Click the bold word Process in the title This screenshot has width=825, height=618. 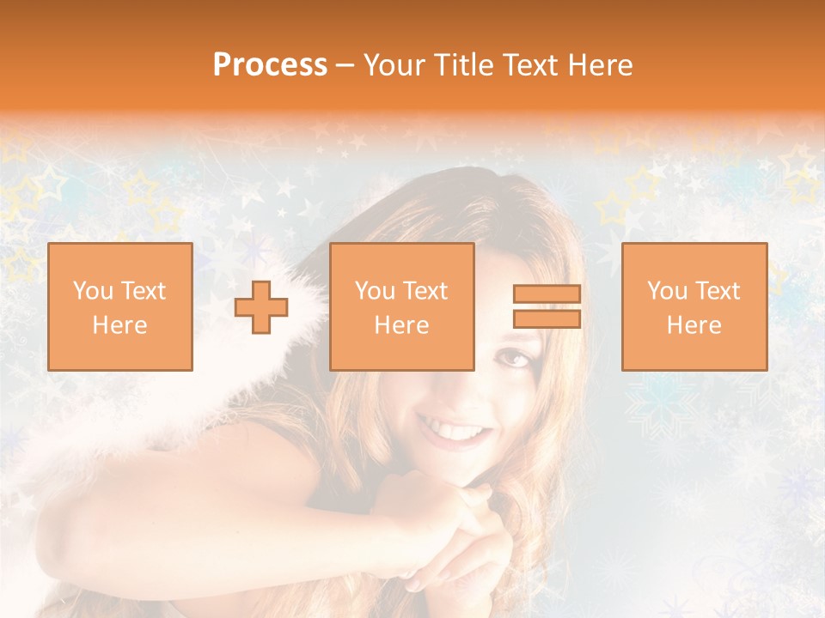270,65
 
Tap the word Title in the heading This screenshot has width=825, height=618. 463,65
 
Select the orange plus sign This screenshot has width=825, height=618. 261,306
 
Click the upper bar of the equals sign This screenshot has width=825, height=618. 547,294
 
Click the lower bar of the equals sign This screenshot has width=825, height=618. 547,319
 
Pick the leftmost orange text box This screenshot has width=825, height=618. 119,306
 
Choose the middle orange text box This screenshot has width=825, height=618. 401,306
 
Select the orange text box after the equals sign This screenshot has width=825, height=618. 694,306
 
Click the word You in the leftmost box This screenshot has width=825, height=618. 93,291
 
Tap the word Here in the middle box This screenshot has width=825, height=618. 401,325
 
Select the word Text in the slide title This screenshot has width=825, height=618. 526,65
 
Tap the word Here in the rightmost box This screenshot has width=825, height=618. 694,325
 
